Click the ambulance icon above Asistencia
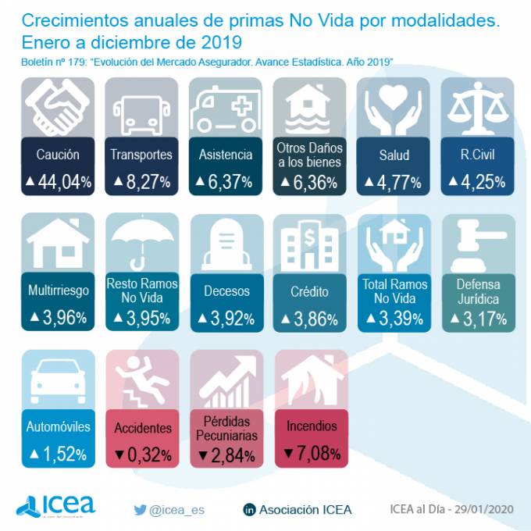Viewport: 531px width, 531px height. coord(224,109)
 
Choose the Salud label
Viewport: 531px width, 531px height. coord(394,155)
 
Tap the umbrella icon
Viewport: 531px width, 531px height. coord(141,242)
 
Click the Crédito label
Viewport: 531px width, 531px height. coord(308,291)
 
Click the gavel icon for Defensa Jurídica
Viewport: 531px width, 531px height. coord(477,242)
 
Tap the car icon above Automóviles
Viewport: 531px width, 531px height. coord(57,380)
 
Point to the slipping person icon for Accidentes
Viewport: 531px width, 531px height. coord(141,380)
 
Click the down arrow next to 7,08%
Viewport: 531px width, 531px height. coord(288,453)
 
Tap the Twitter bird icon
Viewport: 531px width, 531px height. coord(140,509)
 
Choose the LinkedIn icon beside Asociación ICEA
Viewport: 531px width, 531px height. coord(250,510)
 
